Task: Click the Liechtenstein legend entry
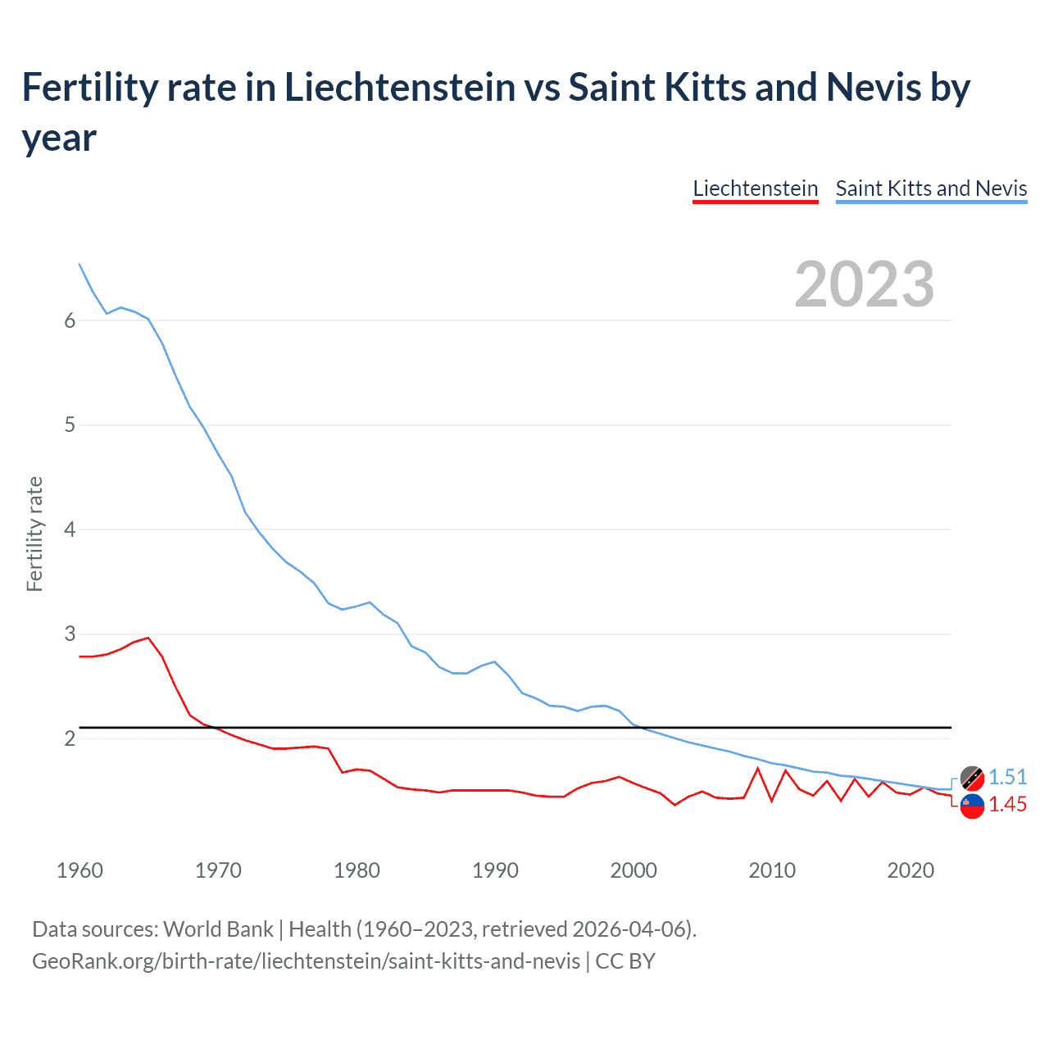755,188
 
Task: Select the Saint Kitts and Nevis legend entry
931,188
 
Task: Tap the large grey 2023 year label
865,284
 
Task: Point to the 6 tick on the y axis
70,320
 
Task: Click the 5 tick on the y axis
70,425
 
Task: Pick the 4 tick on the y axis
70,529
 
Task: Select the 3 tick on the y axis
70,634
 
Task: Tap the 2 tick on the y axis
70,738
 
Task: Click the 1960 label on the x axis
79,870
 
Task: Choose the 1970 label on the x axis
218,870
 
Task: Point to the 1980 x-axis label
356,870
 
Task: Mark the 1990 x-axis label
495,870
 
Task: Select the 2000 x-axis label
633,870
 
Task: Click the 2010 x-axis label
772,870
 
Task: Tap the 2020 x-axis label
910,870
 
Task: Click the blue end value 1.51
1007,778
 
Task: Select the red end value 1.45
1007,805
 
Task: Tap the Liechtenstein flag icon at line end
972,806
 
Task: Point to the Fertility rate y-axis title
34,534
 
